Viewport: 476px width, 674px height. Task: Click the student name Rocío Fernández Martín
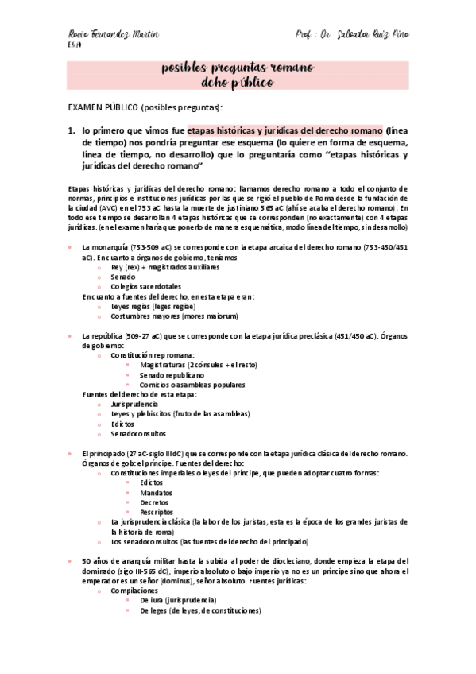[x=113, y=36]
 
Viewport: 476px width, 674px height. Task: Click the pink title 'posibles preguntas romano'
[x=238, y=69]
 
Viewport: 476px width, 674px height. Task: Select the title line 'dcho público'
[x=238, y=83]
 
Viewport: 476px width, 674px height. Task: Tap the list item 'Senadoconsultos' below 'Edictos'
[x=137, y=434]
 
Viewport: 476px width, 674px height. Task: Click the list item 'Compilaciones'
[x=134, y=591]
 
